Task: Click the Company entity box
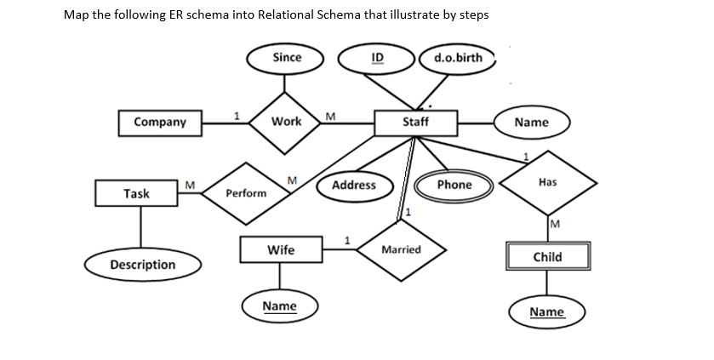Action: [160, 122]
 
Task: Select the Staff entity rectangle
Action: [415, 122]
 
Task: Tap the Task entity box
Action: [136, 193]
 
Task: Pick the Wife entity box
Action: [281, 249]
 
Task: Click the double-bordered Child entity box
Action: [546, 256]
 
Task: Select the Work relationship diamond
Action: [286, 122]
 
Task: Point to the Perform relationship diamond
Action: [246, 193]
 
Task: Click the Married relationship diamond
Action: [401, 249]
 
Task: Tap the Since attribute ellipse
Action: [287, 58]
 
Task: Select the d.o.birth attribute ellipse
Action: [457, 58]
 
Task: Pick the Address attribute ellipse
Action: [354, 185]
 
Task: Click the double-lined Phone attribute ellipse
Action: [454, 185]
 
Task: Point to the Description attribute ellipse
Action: [143, 265]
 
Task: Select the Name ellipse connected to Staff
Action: [532, 122]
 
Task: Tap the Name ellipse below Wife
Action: [279, 306]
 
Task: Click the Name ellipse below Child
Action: [546, 312]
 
